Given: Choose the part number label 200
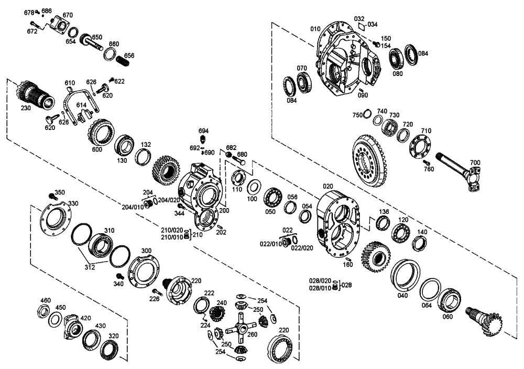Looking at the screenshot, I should (x=224, y=210).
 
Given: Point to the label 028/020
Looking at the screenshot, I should (x=320, y=281).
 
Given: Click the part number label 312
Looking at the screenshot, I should (x=90, y=267).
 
